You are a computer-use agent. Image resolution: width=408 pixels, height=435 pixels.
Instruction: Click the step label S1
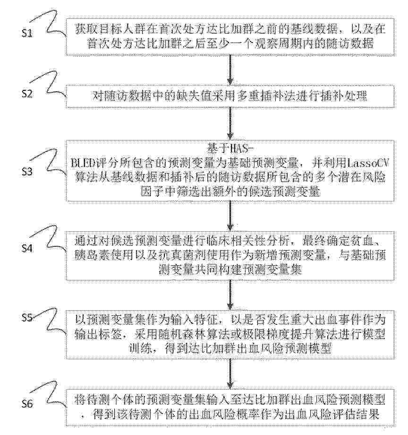[27, 33]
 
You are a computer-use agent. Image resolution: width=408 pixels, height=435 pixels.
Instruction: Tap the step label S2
[27, 94]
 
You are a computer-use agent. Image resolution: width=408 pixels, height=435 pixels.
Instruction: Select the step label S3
[27, 172]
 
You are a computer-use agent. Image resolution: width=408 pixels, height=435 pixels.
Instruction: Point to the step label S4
[27, 248]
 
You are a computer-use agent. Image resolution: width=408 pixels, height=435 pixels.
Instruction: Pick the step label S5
[27, 317]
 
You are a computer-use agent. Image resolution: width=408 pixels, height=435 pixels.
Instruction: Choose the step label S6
[27, 404]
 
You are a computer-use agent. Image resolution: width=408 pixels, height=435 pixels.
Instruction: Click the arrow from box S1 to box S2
[230, 70]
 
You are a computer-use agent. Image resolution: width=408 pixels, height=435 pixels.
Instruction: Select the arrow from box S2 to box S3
[230, 124]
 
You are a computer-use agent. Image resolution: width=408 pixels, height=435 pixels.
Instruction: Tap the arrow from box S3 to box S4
[230, 216]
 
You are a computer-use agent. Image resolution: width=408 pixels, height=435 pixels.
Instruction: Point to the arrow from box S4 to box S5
[230, 295]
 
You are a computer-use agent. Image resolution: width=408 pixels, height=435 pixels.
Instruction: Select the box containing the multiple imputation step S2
[230, 96]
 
